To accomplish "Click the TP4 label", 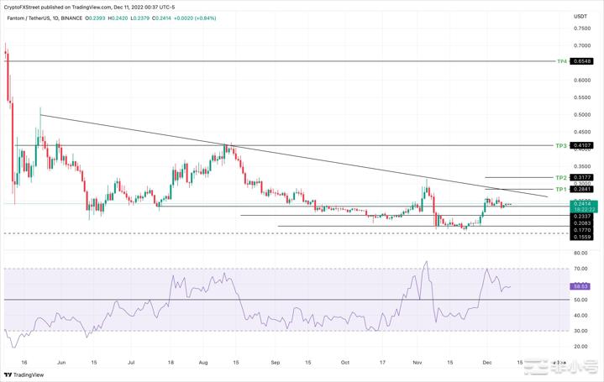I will (562, 61).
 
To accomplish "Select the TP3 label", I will (561, 146).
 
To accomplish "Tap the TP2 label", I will (561, 178).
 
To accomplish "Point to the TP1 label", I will (561, 190).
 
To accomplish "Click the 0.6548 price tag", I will (582, 61).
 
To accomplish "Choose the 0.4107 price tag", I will (582, 146).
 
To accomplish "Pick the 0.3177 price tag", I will (582, 178).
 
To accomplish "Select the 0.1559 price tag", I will (582, 238).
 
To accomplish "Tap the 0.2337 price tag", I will (582, 216).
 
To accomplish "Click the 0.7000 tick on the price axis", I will (580, 45).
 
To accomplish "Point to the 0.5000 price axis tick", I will (580, 115).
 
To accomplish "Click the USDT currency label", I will (580, 17).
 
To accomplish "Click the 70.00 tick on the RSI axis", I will (580, 269).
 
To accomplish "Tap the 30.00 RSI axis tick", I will (580, 331).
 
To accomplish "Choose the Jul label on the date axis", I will (132, 362).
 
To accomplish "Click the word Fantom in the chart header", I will (15, 16).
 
